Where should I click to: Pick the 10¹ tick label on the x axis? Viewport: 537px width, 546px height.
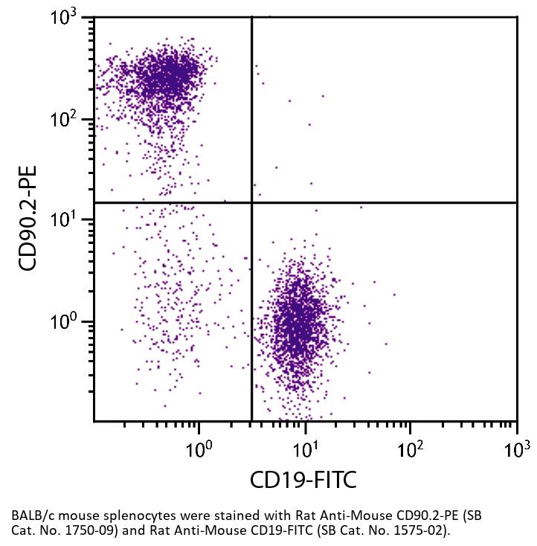(303, 449)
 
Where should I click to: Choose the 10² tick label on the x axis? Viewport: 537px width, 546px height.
(410, 449)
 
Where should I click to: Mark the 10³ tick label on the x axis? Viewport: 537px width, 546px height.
(515, 449)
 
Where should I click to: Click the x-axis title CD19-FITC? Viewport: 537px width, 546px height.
(303, 481)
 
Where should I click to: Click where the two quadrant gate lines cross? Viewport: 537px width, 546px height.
(252, 202)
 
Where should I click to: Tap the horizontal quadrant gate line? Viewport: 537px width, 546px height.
(387, 202)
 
